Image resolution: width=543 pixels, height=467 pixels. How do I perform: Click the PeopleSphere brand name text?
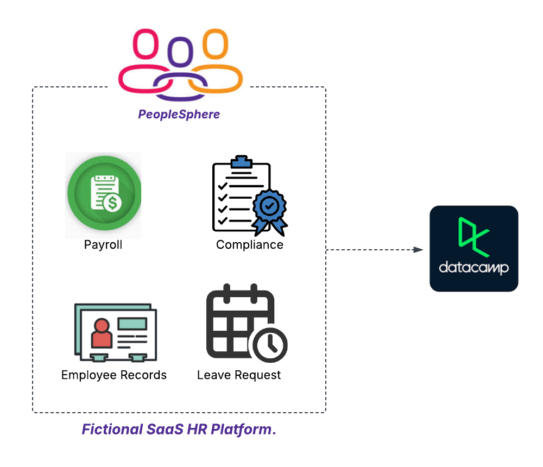pos(179,114)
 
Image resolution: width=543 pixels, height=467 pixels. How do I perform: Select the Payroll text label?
pos(103,245)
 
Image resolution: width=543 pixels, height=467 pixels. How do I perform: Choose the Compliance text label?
pos(250,245)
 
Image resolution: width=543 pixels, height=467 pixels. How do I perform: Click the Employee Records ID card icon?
pos(115,331)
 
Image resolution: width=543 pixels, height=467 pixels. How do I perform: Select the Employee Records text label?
pos(114,375)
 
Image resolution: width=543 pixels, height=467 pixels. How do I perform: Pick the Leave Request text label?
pos(239,375)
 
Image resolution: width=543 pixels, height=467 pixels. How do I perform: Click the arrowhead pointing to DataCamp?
pos(418,250)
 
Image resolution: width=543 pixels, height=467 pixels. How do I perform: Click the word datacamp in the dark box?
pos(473,268)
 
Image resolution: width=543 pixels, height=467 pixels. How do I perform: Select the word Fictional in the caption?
pos(111,430)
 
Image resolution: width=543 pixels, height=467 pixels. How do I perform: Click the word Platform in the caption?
pos(247,430)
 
